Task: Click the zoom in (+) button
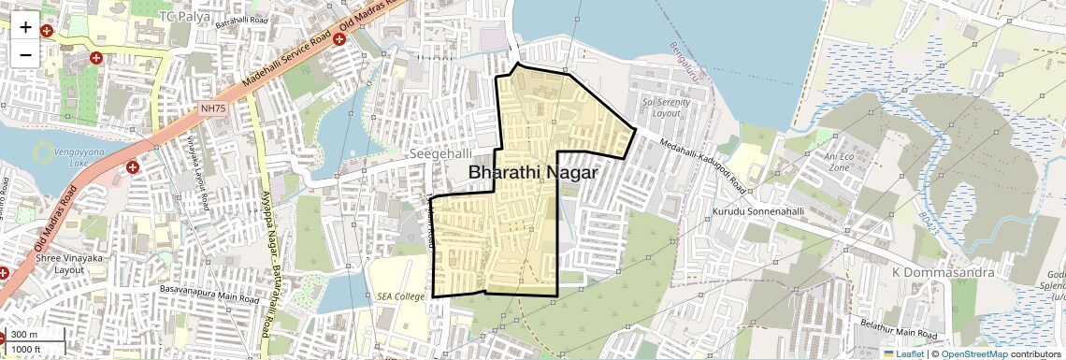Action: (25, 27)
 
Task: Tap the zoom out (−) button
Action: (25, 53)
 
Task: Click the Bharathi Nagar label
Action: (532, 173)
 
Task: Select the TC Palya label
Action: (185, 17)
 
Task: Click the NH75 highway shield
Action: (213, 108)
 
